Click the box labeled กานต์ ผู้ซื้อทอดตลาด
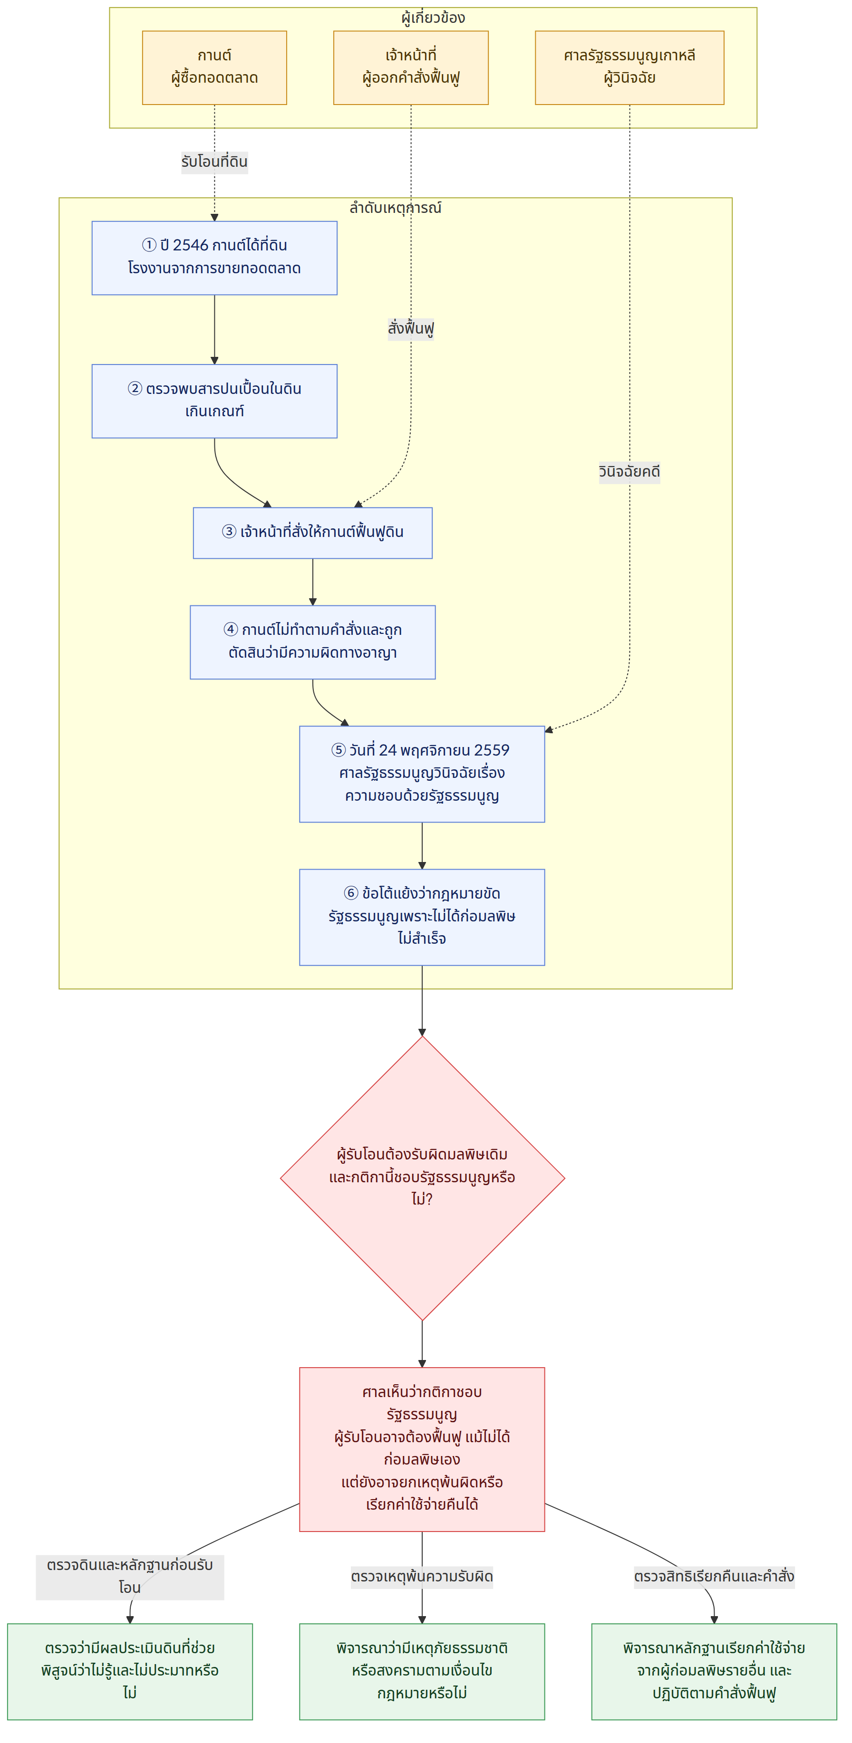[x=214, y=67]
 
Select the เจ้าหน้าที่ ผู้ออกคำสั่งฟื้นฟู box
[x=411, y=67]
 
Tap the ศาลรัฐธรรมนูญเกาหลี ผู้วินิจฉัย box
[x=629, y=67]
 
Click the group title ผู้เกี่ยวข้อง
[x=433, y=18]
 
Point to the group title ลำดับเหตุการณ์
[x=395, y=208]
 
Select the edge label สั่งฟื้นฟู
[x=411, y=329]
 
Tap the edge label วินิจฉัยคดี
[x=629, y=471]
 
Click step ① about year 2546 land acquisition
[x=214, y=258]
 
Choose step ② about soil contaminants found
[x=214, y=401]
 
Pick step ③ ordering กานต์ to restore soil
[x=313, y=533]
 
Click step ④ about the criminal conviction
[x=313, y=642]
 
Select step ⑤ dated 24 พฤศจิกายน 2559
[x=422, y=774]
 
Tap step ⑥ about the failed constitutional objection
[x=422, y=917]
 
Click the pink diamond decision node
[x=422, y=1178]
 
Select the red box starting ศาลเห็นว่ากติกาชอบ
[x=422, y=1449]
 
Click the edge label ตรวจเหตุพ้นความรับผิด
[x=422, y=1577]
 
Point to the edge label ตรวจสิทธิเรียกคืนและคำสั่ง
[x=714, y=1577]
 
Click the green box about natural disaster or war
[x=422, y=1671]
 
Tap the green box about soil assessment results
[x=130, y=1671]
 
